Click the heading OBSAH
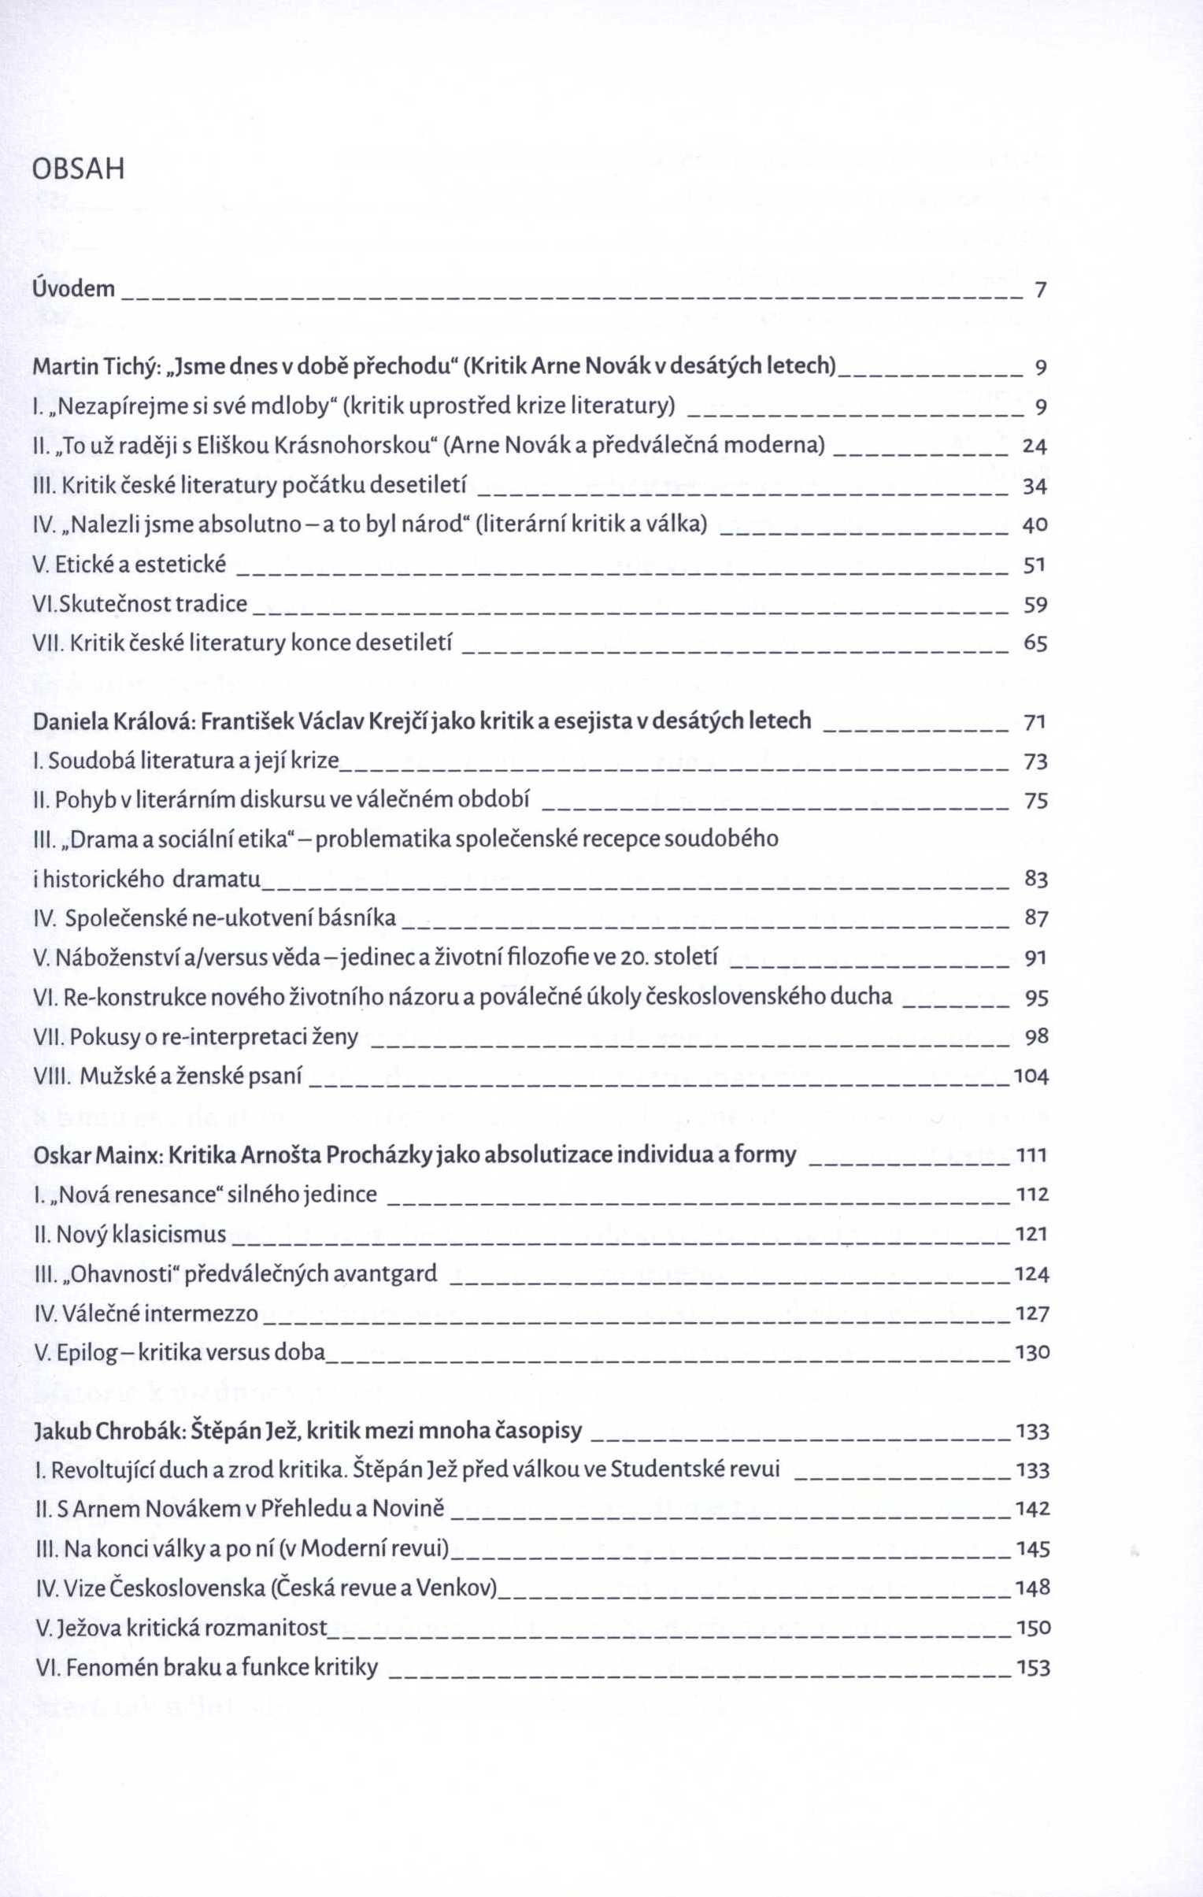79,169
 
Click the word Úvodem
74,289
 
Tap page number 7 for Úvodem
1040,290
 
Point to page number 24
1035,446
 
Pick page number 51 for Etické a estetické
1035,565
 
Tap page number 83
1035,879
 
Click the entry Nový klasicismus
141,1235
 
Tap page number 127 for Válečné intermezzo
1032,1313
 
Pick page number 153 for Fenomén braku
1034,1668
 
